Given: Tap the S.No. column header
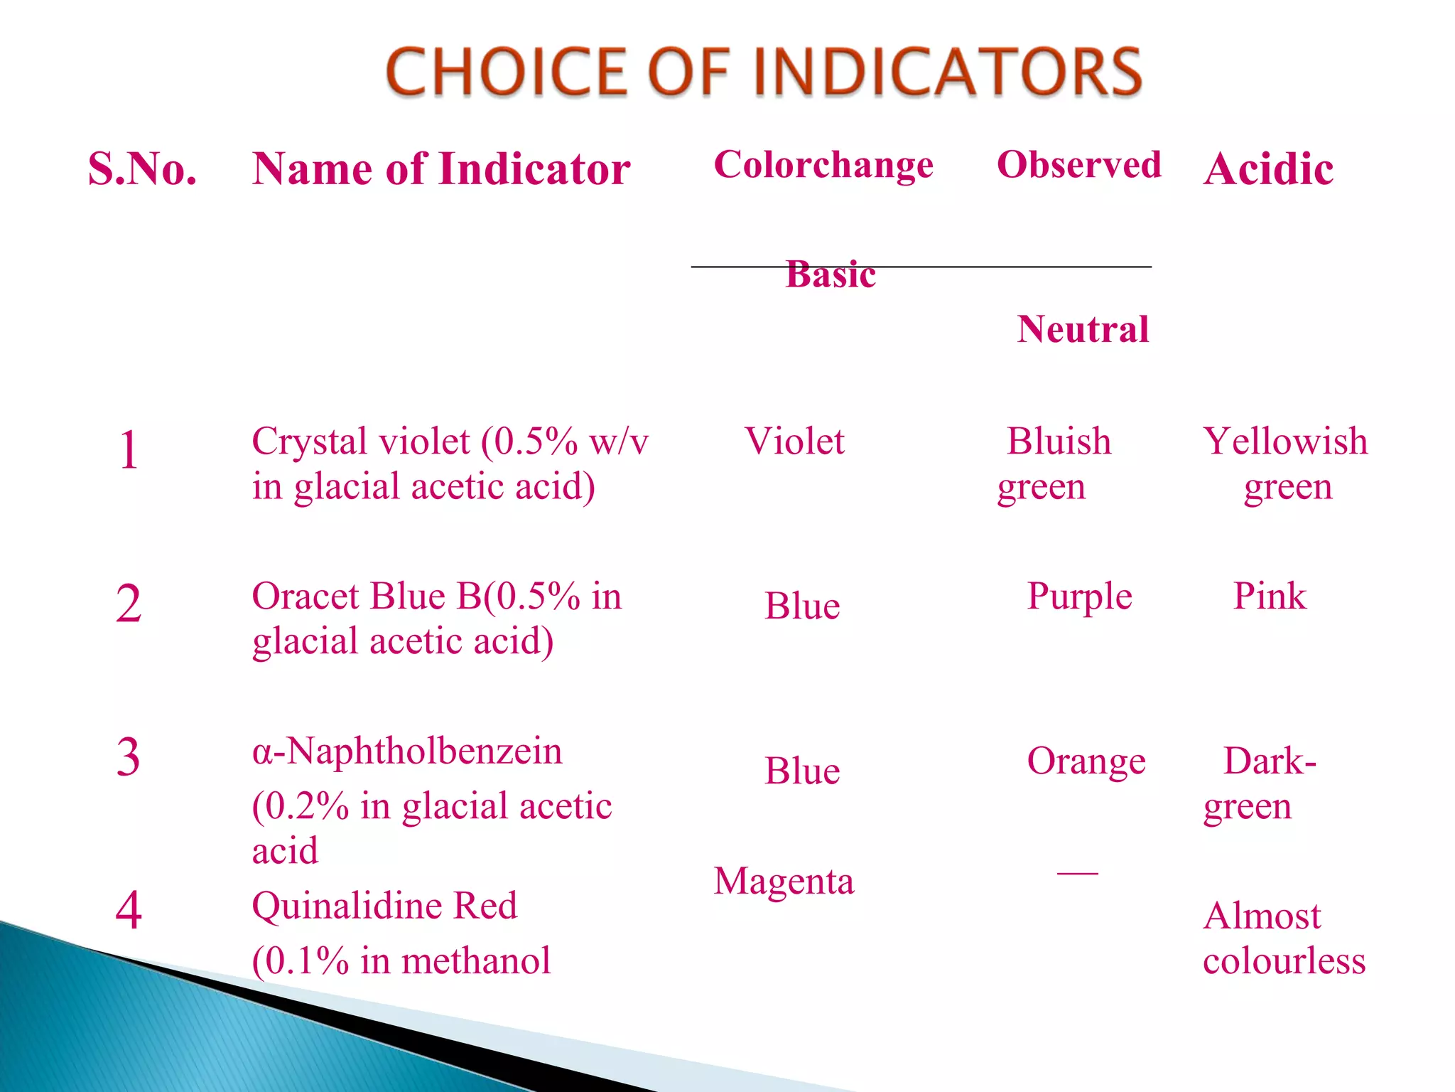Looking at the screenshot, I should click(142, 169).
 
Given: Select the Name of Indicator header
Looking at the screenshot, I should click(440, 169).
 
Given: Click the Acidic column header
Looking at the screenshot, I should click(1268, 169).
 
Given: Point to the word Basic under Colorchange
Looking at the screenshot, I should click(831, 274).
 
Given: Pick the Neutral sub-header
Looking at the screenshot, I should click(1082, 329).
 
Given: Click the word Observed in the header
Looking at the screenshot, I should click(1078, 165).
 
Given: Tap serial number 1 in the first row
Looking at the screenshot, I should click(129, 450).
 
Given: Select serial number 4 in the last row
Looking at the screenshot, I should click(129, 910).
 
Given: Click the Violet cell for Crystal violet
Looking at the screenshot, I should click(794, 441).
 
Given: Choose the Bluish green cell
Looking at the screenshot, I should click(1055, 464).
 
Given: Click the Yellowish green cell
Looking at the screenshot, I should click(1284, 464).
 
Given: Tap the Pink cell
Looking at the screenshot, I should click(1269, 596).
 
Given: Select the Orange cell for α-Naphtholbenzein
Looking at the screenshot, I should click(1086, 761).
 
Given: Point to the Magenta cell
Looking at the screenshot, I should click(784, 882).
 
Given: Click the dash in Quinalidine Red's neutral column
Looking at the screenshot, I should click(1077, 872).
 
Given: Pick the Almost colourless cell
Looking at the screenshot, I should click(1283, 938).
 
